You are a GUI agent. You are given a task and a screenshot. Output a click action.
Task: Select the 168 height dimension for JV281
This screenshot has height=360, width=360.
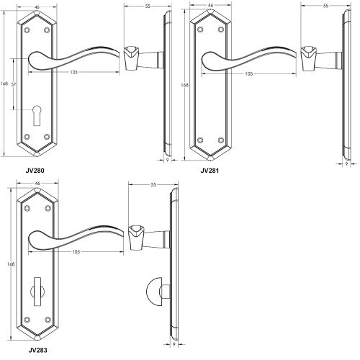[185, 86]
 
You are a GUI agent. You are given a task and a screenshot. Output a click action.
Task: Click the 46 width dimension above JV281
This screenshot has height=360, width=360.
[210, 6]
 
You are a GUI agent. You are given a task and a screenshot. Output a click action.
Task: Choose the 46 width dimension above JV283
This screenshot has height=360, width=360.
[37, 184]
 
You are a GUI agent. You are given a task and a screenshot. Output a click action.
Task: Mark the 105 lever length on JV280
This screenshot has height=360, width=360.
[75, 73]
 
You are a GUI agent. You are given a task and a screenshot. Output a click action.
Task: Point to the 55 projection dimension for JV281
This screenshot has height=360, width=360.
[326, 6]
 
